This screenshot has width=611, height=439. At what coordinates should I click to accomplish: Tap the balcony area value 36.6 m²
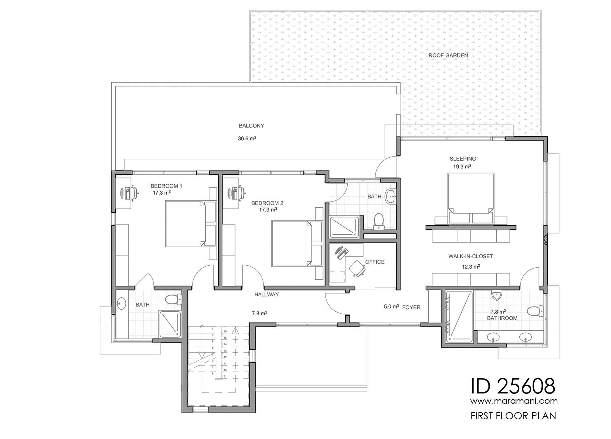pos(247,139)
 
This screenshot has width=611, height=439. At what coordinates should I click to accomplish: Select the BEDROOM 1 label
pos(166,186)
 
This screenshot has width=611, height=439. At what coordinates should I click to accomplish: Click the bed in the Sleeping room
pos(470,198)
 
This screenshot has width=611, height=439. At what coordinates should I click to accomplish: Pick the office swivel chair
pos(357,268)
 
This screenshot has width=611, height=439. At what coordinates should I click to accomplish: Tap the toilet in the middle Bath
pos(378,221)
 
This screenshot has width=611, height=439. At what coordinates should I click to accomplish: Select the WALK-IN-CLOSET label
pos(470,257)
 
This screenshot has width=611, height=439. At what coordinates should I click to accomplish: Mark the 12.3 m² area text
pos(471,267)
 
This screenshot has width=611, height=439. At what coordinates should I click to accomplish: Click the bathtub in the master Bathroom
pos(458,316)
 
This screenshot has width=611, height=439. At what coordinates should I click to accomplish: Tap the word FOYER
pos(411,308)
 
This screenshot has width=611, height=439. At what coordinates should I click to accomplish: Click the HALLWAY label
pos(266,295)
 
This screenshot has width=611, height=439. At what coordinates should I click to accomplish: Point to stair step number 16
pos(225,331)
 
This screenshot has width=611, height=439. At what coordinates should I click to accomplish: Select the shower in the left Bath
pos(170,324)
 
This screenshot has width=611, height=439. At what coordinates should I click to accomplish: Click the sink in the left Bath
pos(121,303)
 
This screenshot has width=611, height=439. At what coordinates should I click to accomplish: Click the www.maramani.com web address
pos(514,401)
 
